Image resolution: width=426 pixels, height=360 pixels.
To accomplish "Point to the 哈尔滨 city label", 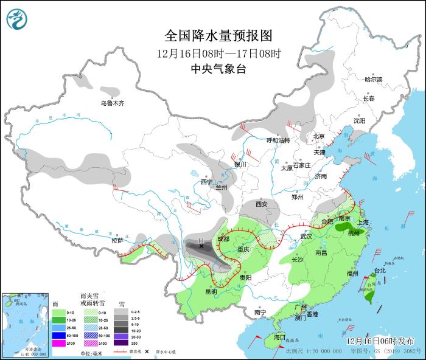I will tap(373, 80).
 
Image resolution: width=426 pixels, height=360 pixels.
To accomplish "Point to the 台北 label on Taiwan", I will tap(379, 271).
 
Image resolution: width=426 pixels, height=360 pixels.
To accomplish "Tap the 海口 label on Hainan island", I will tap(279, 336).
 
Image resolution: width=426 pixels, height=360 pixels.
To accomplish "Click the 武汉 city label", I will tap(306, 236).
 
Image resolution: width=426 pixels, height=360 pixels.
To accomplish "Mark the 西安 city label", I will tap(262, 204).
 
